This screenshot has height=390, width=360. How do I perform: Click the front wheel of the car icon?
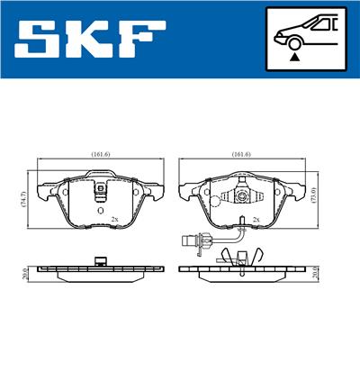(x=294, y=43)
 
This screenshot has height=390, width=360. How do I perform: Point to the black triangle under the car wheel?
(x=295, y=57)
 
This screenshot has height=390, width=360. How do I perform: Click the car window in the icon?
(x=321, y=24)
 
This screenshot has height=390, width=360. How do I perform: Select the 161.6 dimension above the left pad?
(x=101, y=154)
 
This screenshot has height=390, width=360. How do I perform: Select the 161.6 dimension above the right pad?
(x=241, y=154)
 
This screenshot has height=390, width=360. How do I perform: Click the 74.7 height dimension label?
(x=24, y=199)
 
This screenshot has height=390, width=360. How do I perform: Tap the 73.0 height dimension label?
(x=314, y=195)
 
